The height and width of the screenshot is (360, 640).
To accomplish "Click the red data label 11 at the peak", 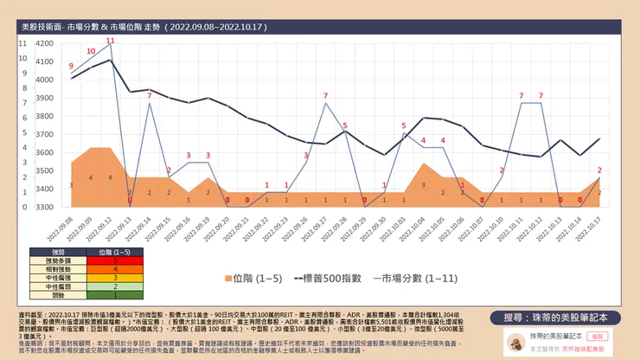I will coord(110,41).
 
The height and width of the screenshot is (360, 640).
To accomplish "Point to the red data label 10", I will coord(91,51).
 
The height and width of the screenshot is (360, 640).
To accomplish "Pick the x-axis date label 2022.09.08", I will coord(67,228).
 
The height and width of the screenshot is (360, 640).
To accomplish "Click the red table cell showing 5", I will coord(115,260).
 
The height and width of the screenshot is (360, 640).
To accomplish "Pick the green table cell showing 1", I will coord(115,294).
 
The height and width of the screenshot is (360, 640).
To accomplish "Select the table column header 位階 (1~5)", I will coord(115,251).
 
